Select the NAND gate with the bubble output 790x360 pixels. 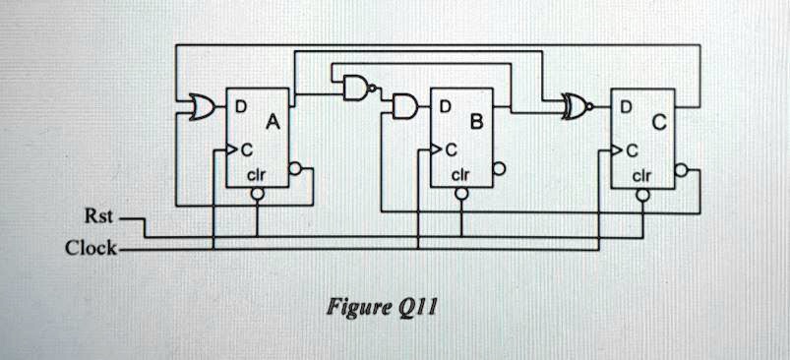tap(355, 89)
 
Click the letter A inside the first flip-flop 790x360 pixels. tap(273, 125)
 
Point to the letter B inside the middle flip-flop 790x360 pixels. tap(476, 125)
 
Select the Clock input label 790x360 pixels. tap(91, 248)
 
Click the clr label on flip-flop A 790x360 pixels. tap(254, 175)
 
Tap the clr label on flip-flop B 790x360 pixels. tap(459, 175)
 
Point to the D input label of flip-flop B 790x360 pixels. tap(445, 104)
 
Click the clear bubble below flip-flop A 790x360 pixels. tap(257, 195)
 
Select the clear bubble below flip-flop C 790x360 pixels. tap(642, 195)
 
